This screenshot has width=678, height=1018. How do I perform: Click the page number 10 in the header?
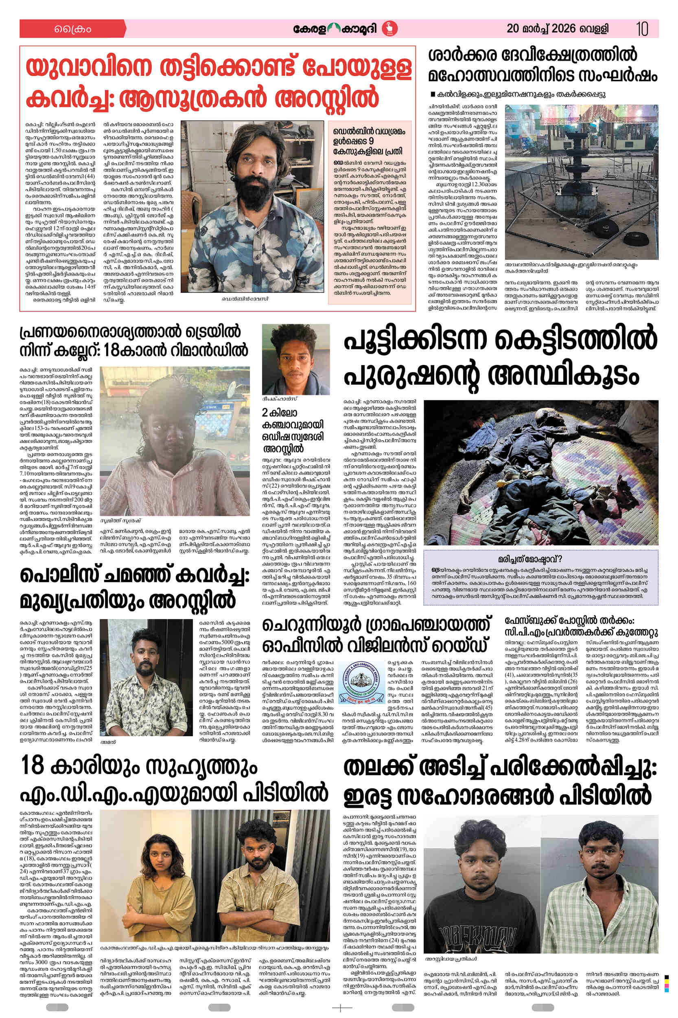click(x=642, y=29)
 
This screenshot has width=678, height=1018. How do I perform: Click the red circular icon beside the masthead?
click(x=392, y=29)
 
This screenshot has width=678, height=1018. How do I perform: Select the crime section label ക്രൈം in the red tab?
click(x=72, y=29)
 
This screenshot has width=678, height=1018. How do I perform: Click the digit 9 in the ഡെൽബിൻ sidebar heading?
click(x=371, y=141)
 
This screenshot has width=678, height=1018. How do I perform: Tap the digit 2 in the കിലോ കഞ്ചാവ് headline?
click(x=265, y=412)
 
